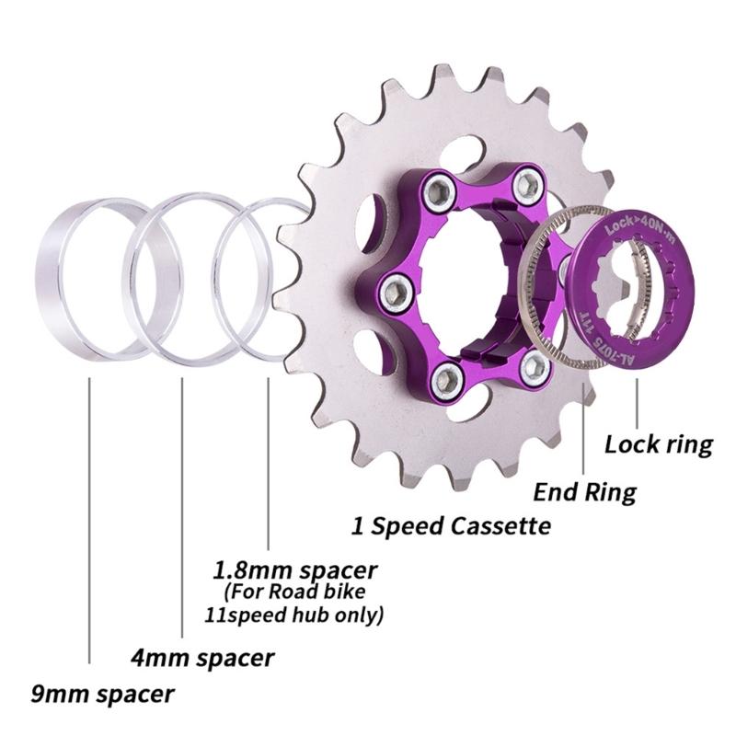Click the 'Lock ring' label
(658, 444)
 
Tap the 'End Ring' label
(585, 491)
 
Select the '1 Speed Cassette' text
(451, 525)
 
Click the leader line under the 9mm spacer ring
(89, 515)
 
